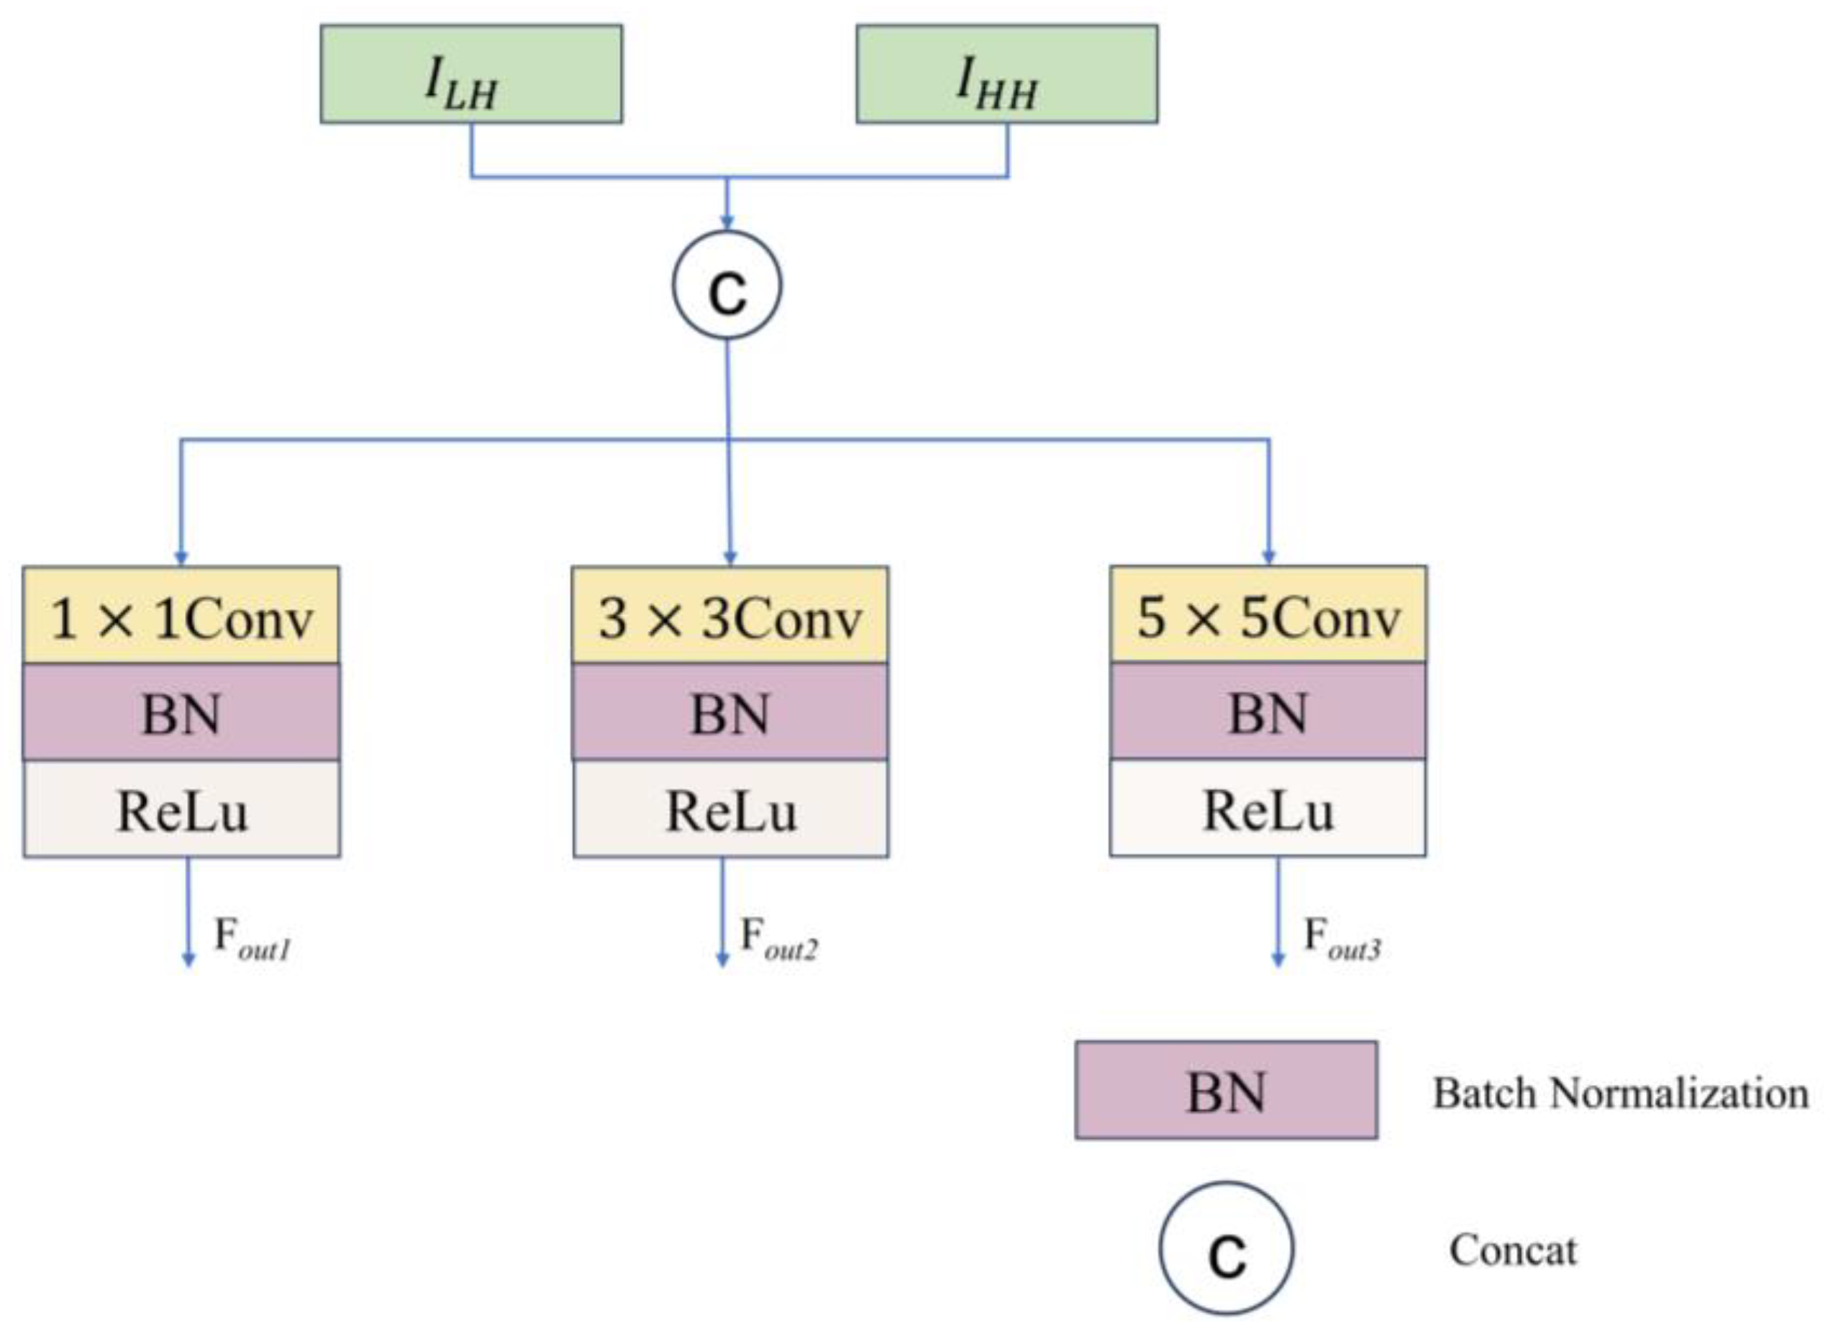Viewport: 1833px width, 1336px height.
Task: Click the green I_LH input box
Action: tap(471, 73)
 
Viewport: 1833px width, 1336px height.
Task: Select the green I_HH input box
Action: tap(1006, 73)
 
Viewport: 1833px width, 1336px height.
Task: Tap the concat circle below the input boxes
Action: tap(727, 284)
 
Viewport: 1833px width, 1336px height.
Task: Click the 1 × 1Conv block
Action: tap(181, 617)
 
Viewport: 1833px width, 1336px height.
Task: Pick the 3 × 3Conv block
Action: tap(730, 617)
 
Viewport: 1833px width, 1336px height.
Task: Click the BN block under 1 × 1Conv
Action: tap(181, 712)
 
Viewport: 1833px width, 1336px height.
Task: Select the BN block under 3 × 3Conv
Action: tap(730, 712)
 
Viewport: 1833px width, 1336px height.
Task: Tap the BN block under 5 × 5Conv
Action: tap(1268, 712)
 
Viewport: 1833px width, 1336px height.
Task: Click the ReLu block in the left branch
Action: tap(181, 809)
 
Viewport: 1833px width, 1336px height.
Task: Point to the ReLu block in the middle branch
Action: tap(730, 809)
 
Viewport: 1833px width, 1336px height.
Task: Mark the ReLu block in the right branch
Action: tap(1268, 809)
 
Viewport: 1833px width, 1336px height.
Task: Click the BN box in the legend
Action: tap(1226, 1091)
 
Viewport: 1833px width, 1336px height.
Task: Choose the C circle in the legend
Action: tap(1226, 1249)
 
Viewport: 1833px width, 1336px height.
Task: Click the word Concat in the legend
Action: tap(1512, 1250)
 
